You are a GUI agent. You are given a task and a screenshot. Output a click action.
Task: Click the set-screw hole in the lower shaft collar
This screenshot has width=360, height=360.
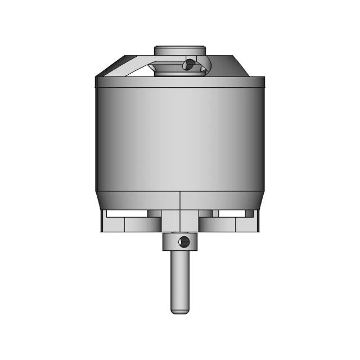point(183,242)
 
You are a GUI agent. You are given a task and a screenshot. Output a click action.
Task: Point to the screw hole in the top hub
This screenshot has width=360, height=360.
point(189,65)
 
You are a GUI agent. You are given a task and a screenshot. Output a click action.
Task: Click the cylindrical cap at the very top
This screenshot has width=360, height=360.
point(179,51)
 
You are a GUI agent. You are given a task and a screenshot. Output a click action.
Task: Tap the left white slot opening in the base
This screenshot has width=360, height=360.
point(127,214)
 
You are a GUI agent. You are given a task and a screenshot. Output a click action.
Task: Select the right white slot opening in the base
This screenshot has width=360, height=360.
point(234,214)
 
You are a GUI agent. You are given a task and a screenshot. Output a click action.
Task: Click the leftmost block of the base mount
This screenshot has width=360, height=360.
point(112,225)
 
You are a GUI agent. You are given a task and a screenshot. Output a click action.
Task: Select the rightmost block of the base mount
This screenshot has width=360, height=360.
point(247,225)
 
